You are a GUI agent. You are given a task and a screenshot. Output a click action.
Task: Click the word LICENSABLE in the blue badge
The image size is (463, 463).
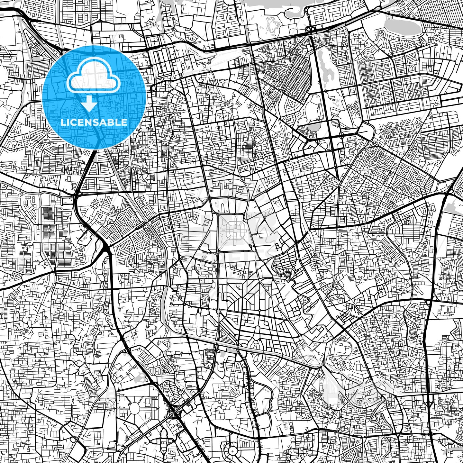click(94, 122)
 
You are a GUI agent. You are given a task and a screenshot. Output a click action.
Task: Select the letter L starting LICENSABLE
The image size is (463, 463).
click(63, 122)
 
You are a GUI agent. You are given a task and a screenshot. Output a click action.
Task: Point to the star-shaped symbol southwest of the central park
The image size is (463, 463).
click(205, 258)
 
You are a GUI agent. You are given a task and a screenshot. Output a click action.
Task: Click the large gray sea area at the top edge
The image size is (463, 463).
click(273, 4)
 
